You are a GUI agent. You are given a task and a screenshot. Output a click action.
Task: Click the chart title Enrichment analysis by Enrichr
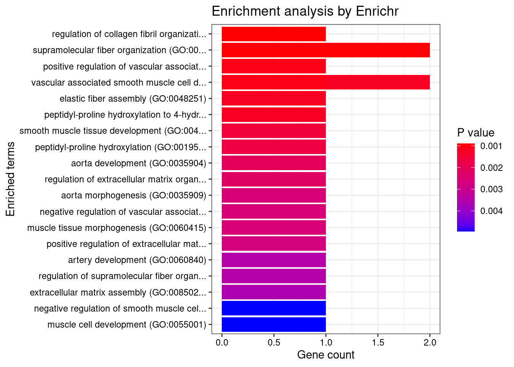305,11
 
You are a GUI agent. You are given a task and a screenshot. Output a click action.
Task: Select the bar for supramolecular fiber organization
325,50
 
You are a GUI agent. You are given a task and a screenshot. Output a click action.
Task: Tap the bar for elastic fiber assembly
273,99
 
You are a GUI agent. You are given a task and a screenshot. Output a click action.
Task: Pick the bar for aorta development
273,163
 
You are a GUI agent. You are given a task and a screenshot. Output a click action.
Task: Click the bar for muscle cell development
273,325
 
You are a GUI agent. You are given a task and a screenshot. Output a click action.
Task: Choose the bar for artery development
273,260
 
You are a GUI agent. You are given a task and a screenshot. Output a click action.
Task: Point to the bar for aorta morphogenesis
273,195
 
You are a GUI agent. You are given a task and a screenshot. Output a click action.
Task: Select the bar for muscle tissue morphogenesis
273,228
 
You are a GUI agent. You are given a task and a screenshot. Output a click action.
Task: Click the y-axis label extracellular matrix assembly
118,292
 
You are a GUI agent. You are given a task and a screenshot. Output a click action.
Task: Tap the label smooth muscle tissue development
113,131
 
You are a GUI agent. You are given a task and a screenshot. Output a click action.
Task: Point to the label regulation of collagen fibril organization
129,34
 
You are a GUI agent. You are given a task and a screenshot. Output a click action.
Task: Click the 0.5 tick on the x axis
274,343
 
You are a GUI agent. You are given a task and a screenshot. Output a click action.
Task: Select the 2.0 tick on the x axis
430,343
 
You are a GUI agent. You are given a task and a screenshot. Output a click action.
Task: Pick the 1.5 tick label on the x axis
378,343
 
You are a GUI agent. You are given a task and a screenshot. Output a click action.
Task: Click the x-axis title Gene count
325,355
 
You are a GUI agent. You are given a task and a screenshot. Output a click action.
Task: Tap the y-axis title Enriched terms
11,179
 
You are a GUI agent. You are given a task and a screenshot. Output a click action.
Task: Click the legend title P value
475,133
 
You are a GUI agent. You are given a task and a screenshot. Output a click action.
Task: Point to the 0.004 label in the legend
491,211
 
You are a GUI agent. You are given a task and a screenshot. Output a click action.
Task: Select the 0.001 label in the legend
491,146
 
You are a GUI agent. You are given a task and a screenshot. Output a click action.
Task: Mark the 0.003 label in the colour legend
491,189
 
